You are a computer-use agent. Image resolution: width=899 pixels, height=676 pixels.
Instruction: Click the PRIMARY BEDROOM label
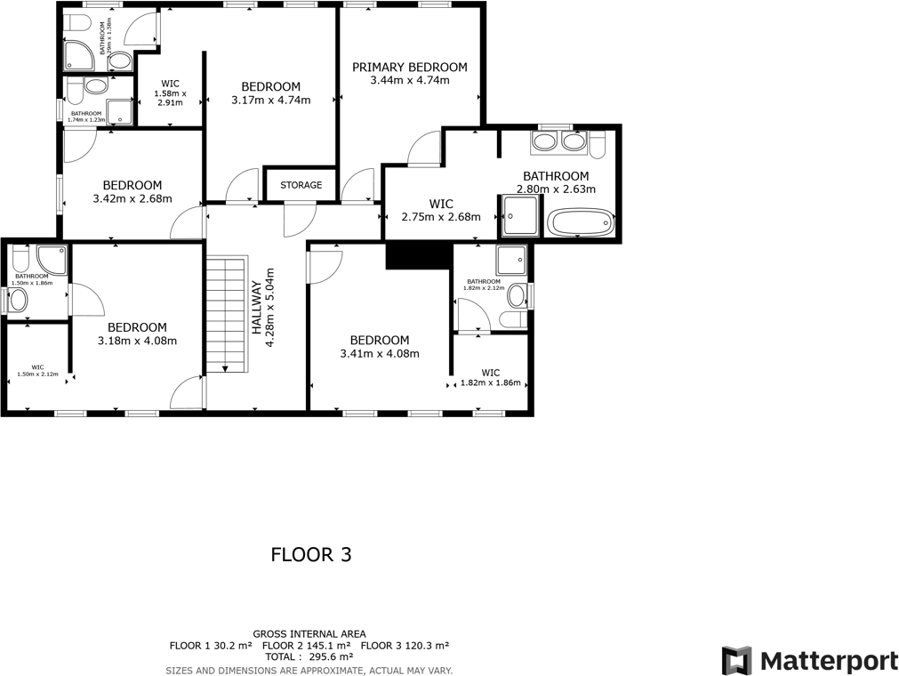pyautogui.click(x=409, y=67)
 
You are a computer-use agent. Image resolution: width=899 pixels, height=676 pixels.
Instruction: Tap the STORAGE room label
pyautogui.click(x=301, y=185)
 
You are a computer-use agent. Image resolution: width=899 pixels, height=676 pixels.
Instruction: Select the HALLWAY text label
pyautogui.click(x=257, y=307)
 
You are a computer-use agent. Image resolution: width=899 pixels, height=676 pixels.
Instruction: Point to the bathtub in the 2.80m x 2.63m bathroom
pyautogui.click(x=580, y=222)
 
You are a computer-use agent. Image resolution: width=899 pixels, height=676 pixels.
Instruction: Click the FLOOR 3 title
pyautogui.click(x=310, y=555)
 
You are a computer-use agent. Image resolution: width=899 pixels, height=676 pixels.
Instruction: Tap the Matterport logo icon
pyautogui.click(x=735, y=661)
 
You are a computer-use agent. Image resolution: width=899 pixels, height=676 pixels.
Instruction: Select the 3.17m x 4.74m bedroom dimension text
pyautogui.click(x=270, y=101)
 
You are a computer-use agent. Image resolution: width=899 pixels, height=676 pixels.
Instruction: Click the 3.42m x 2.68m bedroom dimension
pyautogui.click(x=132, y=199)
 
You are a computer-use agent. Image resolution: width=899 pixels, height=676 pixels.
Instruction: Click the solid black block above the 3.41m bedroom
pyautogui.click(x=415, y=255)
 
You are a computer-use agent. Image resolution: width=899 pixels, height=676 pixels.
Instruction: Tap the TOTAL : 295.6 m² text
pyautogui.click(x=309, y=656)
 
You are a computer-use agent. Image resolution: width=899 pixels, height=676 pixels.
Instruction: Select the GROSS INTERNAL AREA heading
pyautogui.click(x=309, y=633)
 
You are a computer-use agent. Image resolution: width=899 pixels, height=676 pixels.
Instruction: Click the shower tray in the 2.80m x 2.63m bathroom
pyautogui.click(x=521, y=216)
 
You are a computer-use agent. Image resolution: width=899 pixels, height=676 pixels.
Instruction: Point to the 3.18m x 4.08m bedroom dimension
pyautogui.click(x=137, y=341)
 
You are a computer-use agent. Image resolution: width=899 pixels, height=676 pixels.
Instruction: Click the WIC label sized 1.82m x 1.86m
pyautogui.click(x=490, y=373)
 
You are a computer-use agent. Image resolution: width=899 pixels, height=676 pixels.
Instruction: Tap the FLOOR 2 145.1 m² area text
pyautogui.click(x=306, y=645)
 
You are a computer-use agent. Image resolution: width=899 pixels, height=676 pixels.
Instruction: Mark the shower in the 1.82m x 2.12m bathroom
pyautogui.click(x=511, y=260)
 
